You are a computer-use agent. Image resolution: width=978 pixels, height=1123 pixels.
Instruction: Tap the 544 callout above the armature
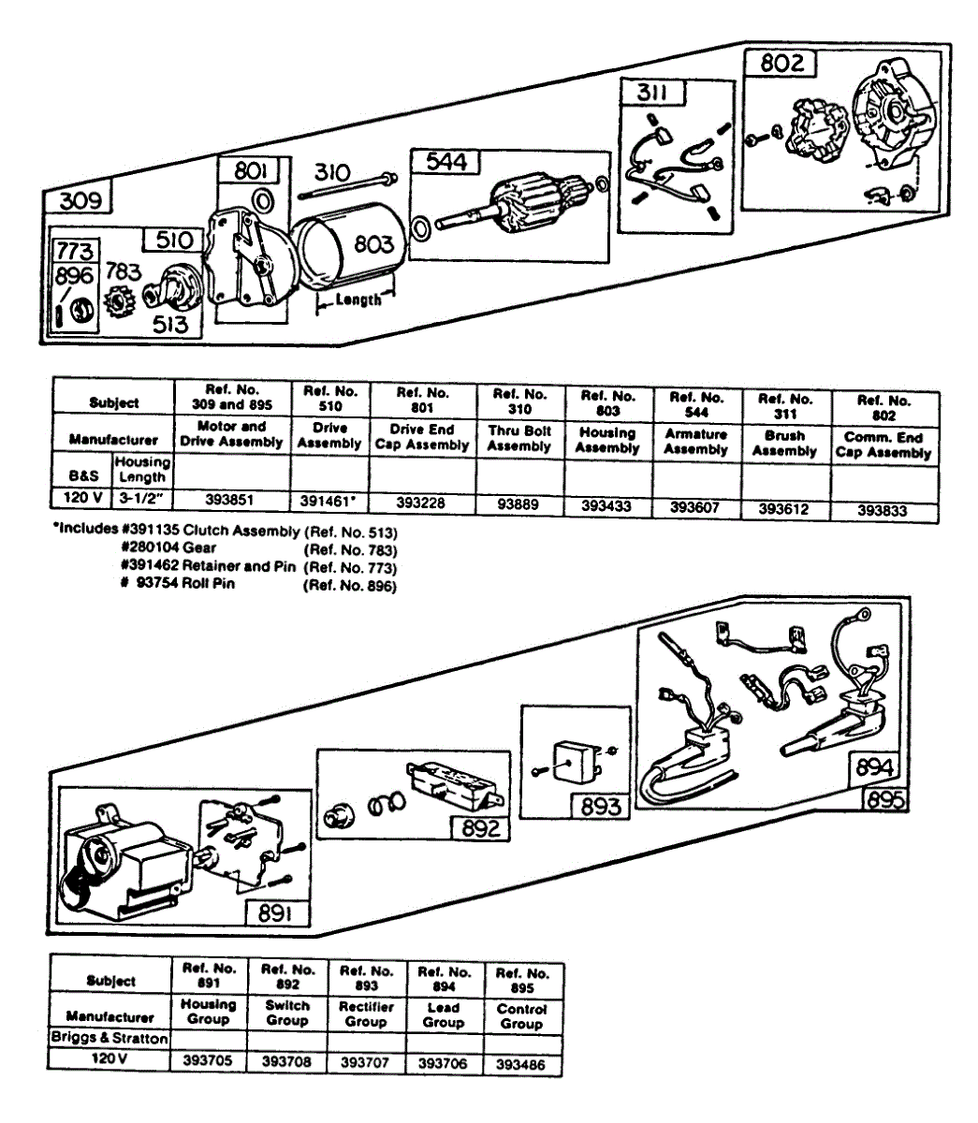[x=445, y=161]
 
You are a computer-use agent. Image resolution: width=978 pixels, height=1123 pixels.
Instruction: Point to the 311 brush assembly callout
[x=654, y=92]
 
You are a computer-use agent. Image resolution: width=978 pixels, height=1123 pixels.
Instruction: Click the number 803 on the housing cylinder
[x=373, y=244]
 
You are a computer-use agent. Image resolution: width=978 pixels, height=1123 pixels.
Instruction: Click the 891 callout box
[x=275, y=912]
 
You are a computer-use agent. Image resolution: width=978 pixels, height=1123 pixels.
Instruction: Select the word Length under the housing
[x=358, y=299]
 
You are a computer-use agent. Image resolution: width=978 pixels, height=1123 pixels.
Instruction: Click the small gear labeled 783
[x=120, y=304]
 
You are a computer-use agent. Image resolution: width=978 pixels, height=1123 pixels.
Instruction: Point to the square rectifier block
[x=571, y=761]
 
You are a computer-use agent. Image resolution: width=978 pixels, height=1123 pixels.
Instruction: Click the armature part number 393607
[x=695, y=506]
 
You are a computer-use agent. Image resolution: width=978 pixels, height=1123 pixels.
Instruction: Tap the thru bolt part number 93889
[x=519, y=504]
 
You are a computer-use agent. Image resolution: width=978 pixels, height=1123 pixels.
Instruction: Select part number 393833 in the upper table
[x=883, y=511]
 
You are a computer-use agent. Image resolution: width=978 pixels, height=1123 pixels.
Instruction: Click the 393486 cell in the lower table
[x=521, y=1065]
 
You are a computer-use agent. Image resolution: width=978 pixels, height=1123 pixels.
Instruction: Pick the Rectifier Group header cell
[x=366, y=1014]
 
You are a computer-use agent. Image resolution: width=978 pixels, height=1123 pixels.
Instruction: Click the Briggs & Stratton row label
[x=109, y=1038]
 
